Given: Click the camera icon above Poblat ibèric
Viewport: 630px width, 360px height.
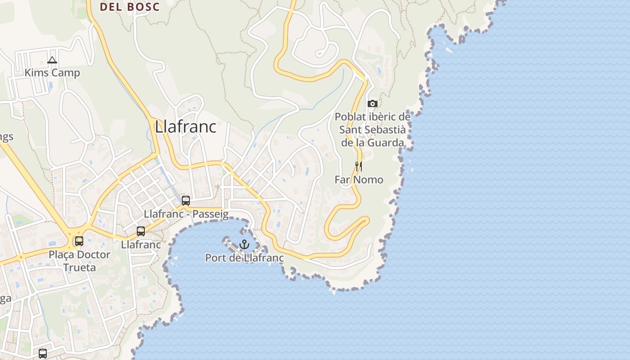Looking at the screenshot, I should pos(372,104).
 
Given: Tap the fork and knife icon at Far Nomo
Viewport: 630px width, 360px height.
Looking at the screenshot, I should pos(359,166).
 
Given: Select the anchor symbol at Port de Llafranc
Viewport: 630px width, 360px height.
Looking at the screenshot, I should pos(244,244).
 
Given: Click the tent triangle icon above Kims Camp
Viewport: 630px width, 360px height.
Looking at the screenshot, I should pos(52,60).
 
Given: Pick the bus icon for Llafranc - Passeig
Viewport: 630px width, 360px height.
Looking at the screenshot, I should pos(186,201).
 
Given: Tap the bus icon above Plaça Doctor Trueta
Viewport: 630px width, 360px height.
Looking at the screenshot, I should pos(79,241).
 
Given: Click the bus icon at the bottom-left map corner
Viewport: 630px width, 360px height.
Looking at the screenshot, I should pos(43,354).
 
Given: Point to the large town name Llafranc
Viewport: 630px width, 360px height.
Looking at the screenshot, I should pos(185,127).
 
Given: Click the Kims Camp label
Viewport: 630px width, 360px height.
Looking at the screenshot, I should pos(52,73).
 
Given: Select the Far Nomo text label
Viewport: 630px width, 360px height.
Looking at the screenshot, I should pos(359,180).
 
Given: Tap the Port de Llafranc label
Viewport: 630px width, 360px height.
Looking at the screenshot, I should pos(244,258).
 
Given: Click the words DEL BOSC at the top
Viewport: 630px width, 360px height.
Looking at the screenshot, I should pos(130,7).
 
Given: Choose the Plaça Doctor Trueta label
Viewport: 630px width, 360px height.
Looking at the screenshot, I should pos(79,261).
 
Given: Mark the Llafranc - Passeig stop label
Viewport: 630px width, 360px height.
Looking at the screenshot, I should pos(186,214).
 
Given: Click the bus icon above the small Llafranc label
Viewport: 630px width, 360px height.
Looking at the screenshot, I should pos(141,231).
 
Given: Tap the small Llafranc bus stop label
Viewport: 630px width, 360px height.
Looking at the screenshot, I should pos(141,245).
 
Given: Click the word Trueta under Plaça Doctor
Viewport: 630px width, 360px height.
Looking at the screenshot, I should pos(79,268).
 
